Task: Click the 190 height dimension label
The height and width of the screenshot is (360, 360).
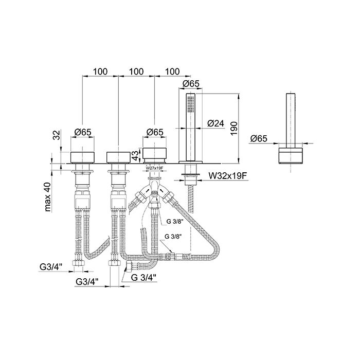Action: [x=233, y=129]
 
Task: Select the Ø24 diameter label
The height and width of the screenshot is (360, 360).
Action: [x=215, y=123]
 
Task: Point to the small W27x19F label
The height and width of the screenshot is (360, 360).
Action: [x=154, y=168]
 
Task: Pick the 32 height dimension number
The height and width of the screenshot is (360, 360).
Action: [x=56, y=135]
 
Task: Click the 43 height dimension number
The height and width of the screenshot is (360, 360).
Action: [x=136, y=155]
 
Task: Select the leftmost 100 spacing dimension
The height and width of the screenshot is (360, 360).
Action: [x=100, y=71]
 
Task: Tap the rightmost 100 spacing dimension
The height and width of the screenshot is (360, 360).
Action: [x=172, y=71]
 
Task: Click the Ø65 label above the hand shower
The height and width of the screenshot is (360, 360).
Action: [x=191, y=84]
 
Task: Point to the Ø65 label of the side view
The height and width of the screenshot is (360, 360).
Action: [x=259, y=139]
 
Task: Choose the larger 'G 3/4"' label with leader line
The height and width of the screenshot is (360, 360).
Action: [x=143, y=278]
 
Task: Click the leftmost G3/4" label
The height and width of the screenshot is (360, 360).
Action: [x=51, y=267]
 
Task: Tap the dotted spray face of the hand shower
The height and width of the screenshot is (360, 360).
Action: [x=191, y=104]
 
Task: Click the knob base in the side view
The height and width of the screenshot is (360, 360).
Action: [x=291, y=155]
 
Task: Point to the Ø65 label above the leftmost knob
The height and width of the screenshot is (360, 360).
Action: [x=83, y=132]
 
